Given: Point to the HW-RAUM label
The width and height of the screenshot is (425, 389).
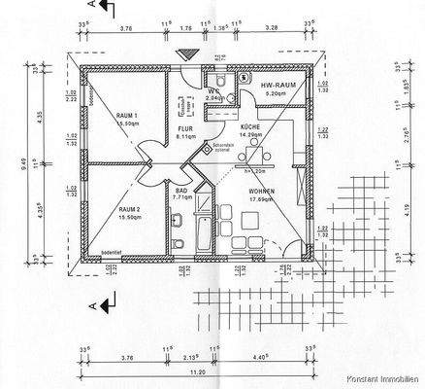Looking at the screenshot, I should (x=278, y=87).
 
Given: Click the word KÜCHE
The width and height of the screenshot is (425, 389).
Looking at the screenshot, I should (x=249, y=127).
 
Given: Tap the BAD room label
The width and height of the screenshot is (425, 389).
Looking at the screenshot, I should (x=181, y=192).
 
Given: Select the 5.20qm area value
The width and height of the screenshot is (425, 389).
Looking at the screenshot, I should (x=278, y=95).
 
